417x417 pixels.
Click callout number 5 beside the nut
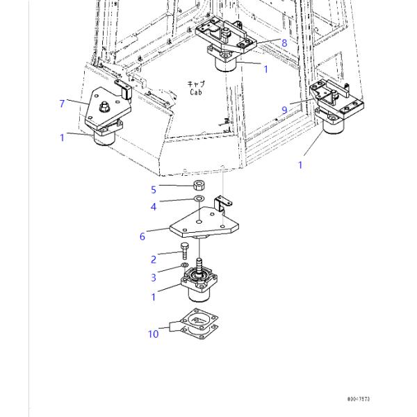154,188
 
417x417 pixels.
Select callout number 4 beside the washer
154,206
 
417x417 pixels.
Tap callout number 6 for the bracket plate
142,236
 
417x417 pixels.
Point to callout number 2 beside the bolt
154,260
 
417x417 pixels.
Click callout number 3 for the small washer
154,278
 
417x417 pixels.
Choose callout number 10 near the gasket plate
153,334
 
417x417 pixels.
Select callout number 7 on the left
63,104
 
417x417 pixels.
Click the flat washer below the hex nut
198,200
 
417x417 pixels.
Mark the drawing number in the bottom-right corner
359,400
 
